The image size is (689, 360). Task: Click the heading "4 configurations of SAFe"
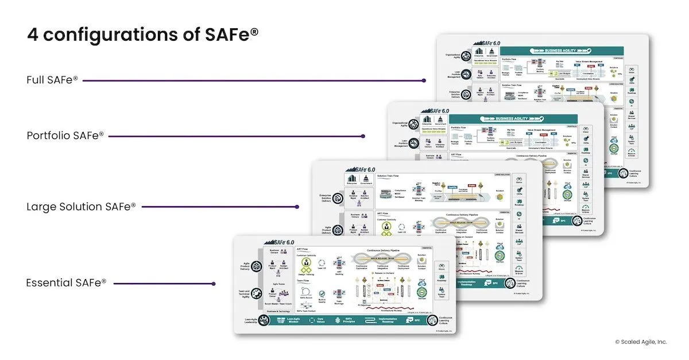tap(142, 34)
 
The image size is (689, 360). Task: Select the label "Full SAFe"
tap(52, 80)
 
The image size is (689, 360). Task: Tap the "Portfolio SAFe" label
tap(65, 136)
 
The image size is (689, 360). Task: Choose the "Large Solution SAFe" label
tap(82, 206)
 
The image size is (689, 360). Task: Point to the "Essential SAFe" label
tap(67, 283)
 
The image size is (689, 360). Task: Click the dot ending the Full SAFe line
tap(423, 80)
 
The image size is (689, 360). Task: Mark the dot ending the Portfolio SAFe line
tap(363, 136)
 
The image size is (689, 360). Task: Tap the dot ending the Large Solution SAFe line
tap(297, 207)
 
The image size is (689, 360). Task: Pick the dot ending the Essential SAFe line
tap(214, 283)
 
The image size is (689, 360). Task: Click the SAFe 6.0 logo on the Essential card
tap(278, 242)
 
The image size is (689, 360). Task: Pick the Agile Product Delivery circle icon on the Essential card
tap(257, 267)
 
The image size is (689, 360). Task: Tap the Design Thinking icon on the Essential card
tap(306, 264)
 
